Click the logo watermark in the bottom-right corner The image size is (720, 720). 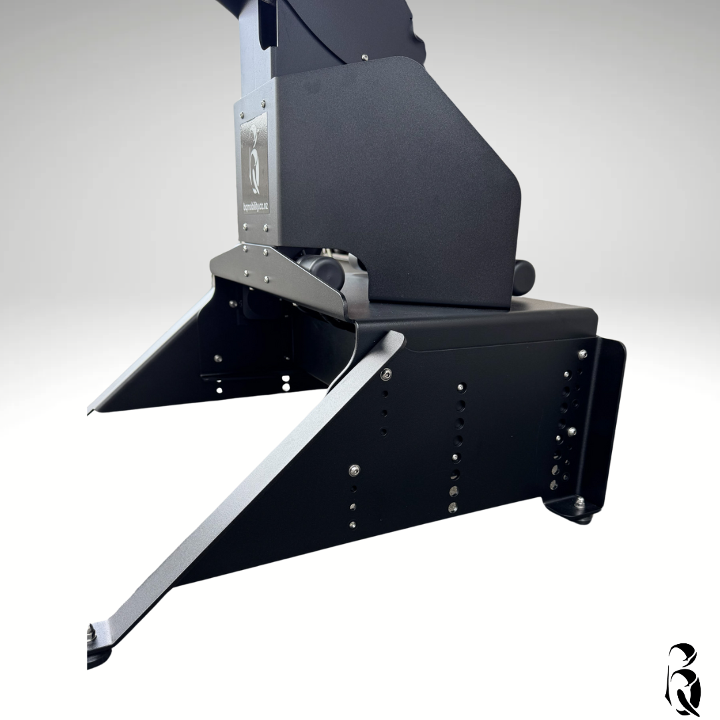684,679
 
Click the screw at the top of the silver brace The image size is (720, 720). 385,375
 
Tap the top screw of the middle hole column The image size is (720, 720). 461,387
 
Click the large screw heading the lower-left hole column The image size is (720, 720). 354,471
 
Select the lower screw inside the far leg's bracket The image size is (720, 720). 218,359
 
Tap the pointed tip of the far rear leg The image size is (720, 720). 93,407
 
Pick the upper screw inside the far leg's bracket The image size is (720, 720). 233,304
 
